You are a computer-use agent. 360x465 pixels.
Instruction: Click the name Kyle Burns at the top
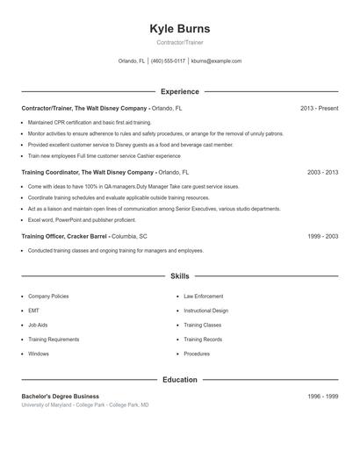[180, 29]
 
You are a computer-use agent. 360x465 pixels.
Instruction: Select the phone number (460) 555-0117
[168, 61]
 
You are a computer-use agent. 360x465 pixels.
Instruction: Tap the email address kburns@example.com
[216, 61]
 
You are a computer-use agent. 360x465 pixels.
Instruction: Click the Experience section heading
[180, 91]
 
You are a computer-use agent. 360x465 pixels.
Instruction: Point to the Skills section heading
[180, 276]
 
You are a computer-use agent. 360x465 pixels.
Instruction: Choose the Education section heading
[180, 380]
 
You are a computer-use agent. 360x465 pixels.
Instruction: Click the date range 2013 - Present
[319, 108]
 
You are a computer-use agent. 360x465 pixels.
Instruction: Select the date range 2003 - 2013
[322, 173]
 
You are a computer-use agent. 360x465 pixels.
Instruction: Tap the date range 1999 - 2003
[322, 237]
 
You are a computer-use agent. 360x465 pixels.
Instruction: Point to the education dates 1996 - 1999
[322, 397]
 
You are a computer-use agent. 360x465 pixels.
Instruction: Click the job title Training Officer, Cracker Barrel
[66, 237]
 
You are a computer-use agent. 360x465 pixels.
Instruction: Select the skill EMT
[32, 311]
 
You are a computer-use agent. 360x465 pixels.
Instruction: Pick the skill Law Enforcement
[203, 297]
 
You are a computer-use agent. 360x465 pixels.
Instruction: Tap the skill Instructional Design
[205, 311]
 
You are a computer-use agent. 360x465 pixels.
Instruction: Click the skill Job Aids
[38, 325]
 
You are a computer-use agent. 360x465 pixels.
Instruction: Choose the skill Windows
[39, 354]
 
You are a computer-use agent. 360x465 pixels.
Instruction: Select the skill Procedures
[197, 354]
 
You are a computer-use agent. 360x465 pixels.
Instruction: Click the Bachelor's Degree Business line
[60, 397]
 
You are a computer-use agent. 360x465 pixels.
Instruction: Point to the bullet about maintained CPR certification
[90, 123]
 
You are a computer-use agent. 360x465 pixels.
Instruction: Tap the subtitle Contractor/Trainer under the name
[180, 42]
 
